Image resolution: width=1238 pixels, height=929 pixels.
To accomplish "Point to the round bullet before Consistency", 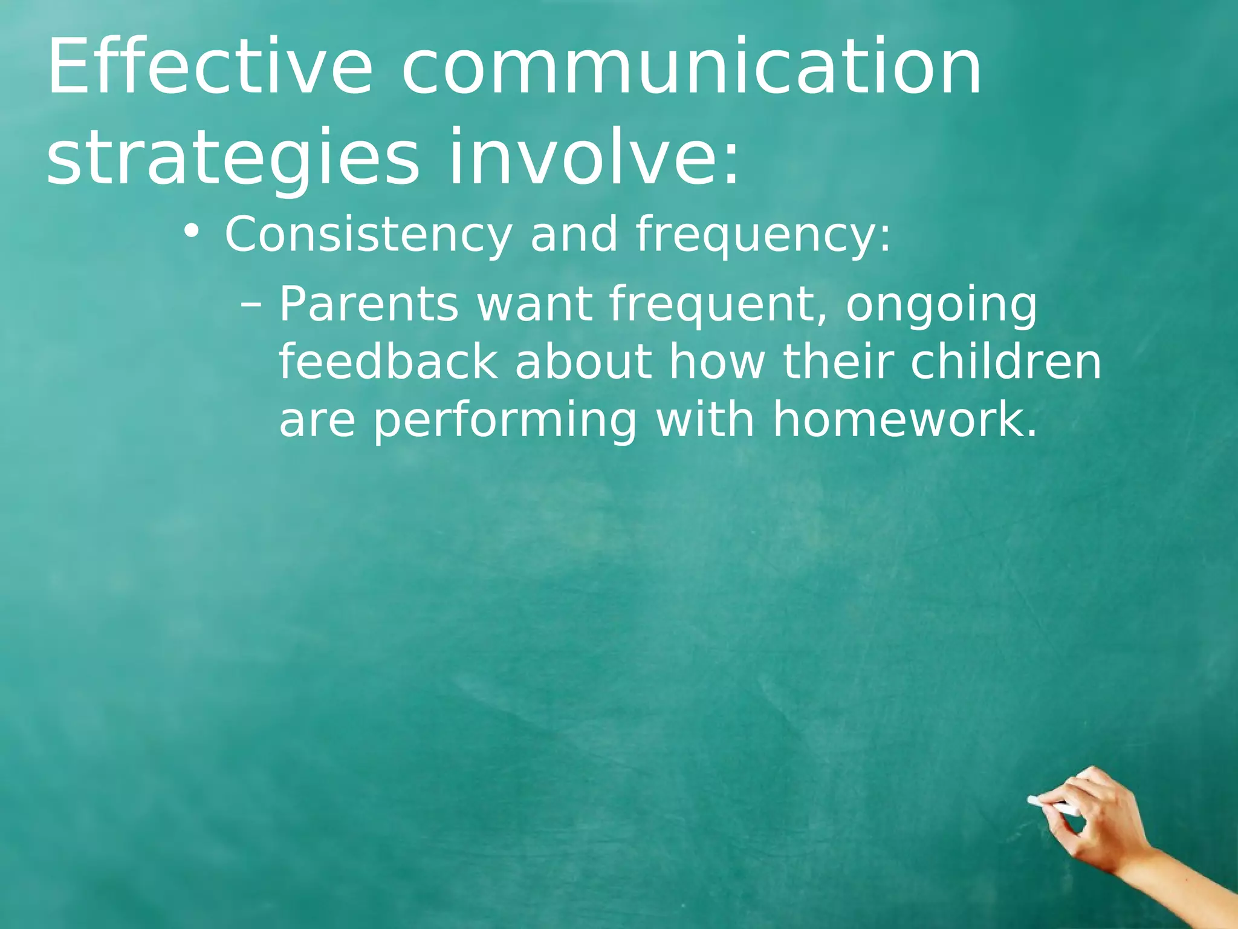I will click(x=192, y=232).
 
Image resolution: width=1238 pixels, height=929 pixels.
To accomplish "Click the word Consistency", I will click(x=368, y=235).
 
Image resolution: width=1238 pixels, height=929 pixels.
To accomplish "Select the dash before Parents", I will click(x=251, y=304).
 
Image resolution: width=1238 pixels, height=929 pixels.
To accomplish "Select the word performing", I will click(x=505, y=422).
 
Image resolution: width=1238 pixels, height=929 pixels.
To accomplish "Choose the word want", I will click(x=534, y=305).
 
